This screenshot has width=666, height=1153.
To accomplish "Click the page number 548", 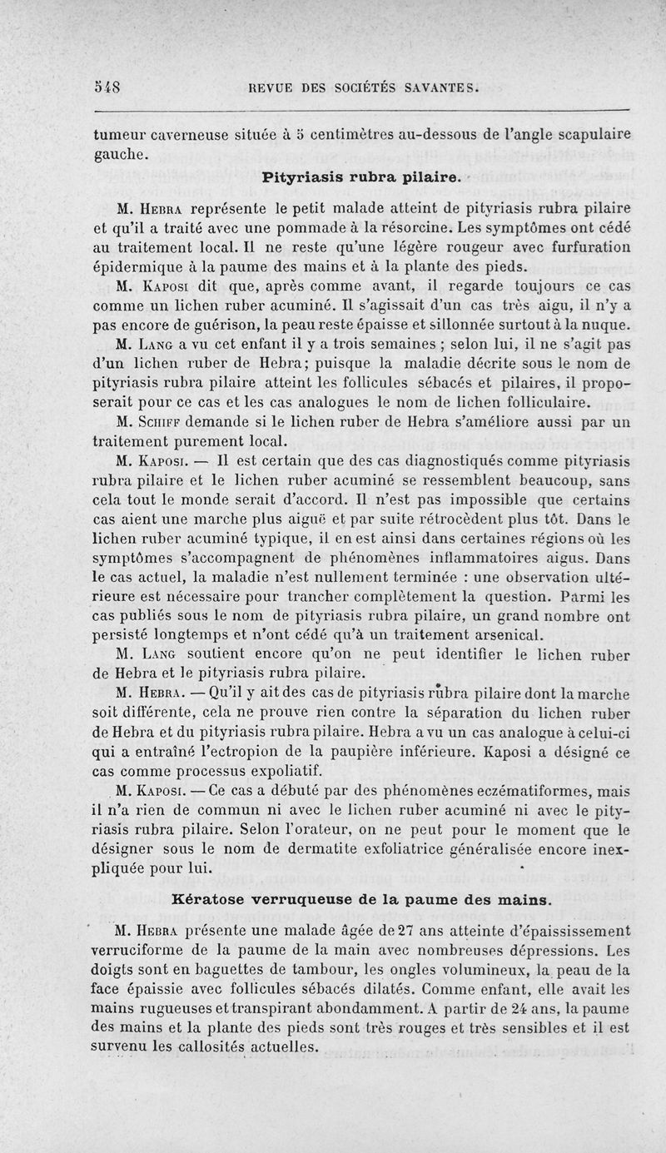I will pos(107,85).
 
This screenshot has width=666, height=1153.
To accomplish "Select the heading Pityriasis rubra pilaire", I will pos(360,177).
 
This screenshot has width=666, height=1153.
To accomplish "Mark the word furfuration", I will pos(583,248).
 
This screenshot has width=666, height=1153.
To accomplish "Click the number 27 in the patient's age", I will pos(386,931).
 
